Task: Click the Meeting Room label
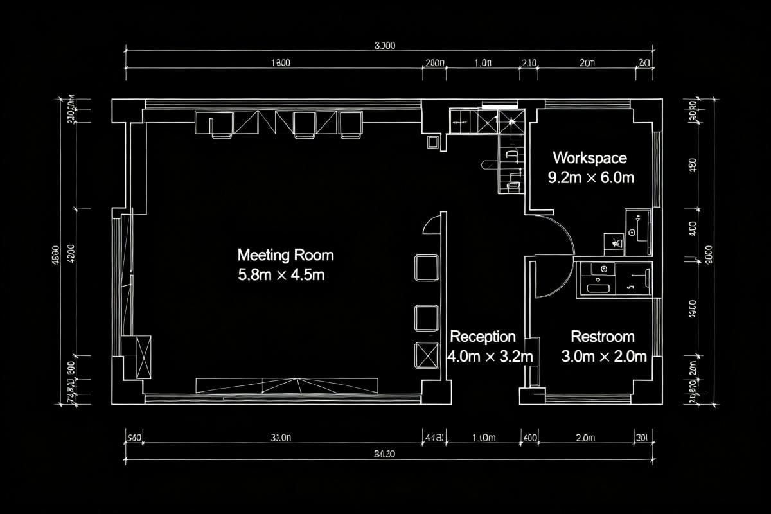(285, 255)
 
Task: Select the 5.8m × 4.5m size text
(281, 275)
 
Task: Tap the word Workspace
(590, 157)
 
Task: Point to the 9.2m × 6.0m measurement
(590, 178)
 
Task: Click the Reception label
(483, 337)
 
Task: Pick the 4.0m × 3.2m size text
(490, 357)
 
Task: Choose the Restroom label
(603, 337)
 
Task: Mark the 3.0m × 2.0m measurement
(604, 357)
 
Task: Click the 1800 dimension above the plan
(280, 63)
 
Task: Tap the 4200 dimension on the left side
(70, 251)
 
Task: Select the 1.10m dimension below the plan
(484, 438)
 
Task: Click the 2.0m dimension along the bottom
(585, 438)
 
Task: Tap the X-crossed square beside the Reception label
(427, 355)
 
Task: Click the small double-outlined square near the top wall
(433, 142)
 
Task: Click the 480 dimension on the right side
(693, 164)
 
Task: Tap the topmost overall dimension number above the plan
(384, 45)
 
